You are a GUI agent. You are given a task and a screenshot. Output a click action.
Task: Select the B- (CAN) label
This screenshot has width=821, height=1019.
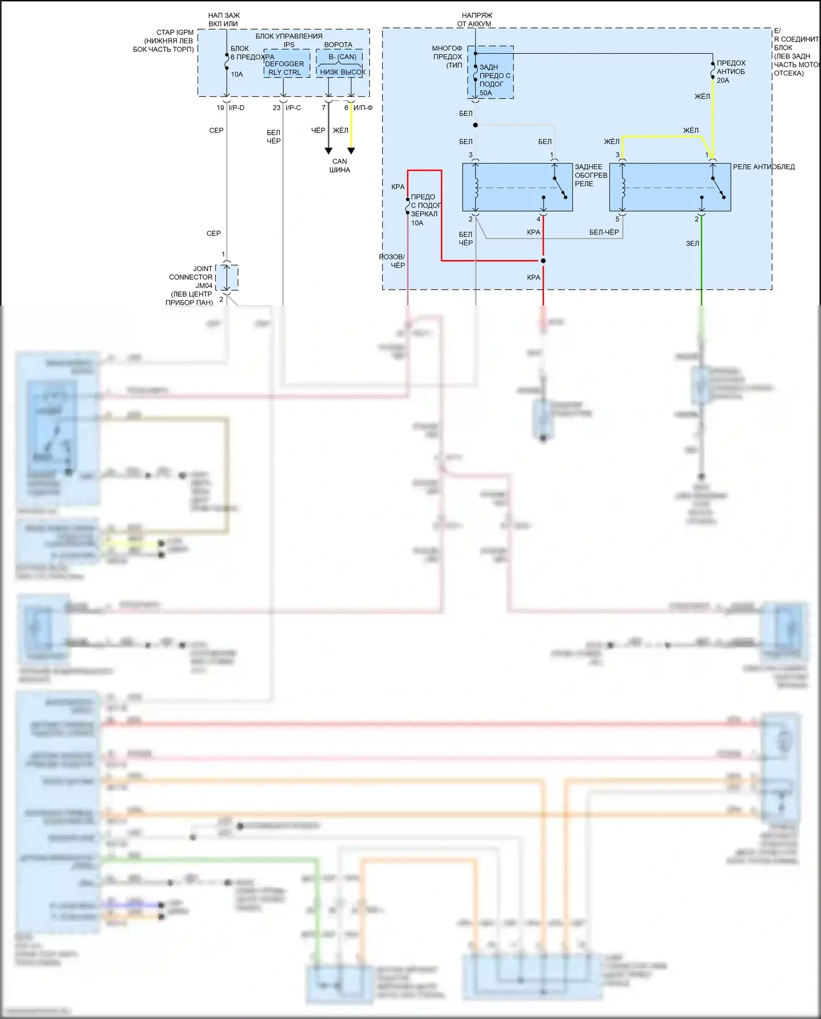(342, 57)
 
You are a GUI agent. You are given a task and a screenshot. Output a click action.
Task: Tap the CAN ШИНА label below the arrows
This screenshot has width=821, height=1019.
(339, 165)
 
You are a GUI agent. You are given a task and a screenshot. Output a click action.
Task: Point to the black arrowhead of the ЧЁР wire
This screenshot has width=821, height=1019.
(328, 151)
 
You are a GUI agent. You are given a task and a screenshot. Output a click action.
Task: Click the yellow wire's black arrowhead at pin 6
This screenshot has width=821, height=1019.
(351, 151)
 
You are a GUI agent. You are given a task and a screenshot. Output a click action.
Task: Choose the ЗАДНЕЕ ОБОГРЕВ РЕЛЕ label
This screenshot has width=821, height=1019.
(591, 175)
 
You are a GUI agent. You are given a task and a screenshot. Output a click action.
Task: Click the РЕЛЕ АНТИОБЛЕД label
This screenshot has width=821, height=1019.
(764, 167)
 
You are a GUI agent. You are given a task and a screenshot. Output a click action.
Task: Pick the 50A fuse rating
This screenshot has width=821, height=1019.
(486, 93)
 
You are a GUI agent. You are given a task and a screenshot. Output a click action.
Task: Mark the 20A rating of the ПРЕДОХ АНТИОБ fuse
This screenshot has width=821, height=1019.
(723, 80)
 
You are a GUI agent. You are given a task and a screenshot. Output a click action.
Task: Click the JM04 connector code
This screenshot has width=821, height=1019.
(204, 286)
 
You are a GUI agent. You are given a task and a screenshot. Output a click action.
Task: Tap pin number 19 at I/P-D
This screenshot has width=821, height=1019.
(221, 108)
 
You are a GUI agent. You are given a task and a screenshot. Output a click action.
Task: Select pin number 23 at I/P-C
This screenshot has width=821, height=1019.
(276, 108)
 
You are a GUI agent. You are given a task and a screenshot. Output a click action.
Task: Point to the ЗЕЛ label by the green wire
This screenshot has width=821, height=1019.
(692, 244)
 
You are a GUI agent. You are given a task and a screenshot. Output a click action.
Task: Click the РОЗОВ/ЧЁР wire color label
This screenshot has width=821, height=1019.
(392, 261)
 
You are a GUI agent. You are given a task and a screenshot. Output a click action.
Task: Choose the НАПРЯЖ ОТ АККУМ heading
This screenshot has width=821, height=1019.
(476, 20)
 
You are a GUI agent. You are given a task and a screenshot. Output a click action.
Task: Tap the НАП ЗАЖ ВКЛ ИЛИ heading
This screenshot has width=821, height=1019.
(223, 20)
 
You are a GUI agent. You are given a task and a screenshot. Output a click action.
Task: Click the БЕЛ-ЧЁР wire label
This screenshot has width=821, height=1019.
(604, 232)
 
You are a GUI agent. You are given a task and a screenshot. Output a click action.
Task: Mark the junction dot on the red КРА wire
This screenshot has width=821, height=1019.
(543, 261)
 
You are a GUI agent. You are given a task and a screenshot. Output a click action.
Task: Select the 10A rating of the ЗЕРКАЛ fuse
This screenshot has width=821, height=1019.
(417, 223)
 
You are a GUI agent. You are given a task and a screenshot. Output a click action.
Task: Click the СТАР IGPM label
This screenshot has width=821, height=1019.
(175, 33)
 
